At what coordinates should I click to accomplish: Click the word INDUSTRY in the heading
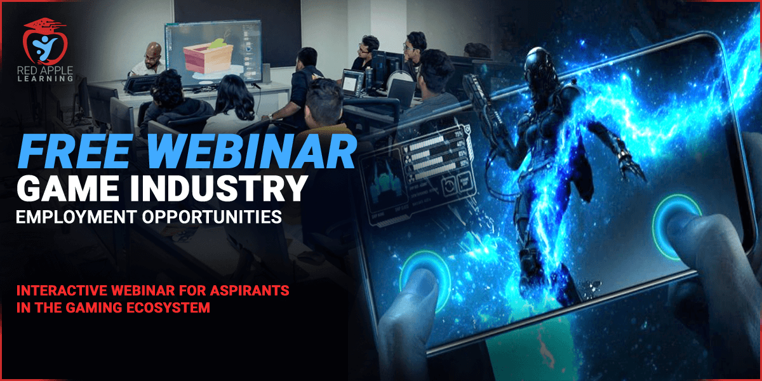218,189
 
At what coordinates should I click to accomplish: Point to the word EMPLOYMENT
77,217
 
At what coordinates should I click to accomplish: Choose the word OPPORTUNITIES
212,217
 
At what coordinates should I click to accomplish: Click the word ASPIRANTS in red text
250,291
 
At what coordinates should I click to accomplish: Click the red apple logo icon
45,41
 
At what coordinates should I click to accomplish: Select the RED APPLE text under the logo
45,70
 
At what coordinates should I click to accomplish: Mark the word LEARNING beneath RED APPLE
45,79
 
